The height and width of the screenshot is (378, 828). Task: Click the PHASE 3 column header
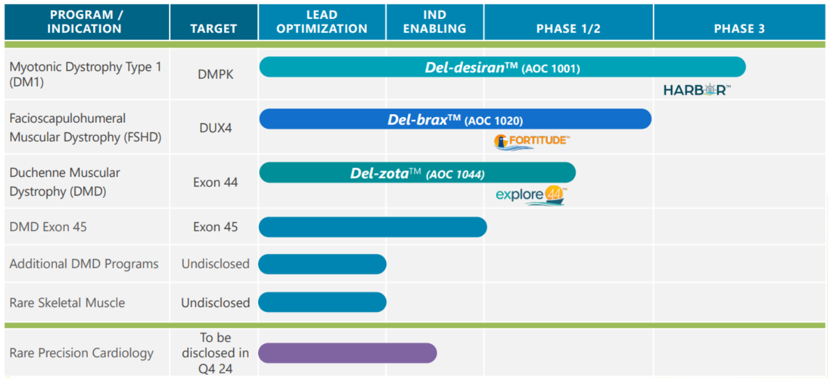(x=739, y=28)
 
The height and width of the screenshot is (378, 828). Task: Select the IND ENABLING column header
(x=434, y=22)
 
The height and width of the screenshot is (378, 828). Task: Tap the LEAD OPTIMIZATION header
(x=322, y=22)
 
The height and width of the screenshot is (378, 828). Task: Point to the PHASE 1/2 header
(x=568, y=28)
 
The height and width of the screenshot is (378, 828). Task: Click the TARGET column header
(x=214, y=28)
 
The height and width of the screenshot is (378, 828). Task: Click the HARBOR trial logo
(x=697, y=90)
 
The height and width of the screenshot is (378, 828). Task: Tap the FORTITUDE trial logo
(x=532, y=142)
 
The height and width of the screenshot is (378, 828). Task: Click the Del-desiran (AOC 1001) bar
(x=502, y=67)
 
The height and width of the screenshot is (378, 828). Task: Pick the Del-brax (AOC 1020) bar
(x=455, y=119)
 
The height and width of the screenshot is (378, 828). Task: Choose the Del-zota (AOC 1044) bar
(x=417, y=173)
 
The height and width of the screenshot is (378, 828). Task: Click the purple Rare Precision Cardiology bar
(x=347, y=353)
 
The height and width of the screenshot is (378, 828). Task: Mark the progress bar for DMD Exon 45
(x=372, y=227)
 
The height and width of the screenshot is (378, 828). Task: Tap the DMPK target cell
(x=216, y=74)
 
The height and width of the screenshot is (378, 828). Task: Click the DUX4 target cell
(x=216, y=128)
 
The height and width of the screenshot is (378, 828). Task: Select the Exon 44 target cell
(x=216, y=182)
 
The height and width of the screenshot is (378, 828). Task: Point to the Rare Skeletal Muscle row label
(x=67, y=302)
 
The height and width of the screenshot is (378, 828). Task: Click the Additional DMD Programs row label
(x=84, y=264)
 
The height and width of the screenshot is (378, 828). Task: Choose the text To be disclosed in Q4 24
(x=216, y=353)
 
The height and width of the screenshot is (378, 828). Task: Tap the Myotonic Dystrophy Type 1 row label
(x=85, y=74)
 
